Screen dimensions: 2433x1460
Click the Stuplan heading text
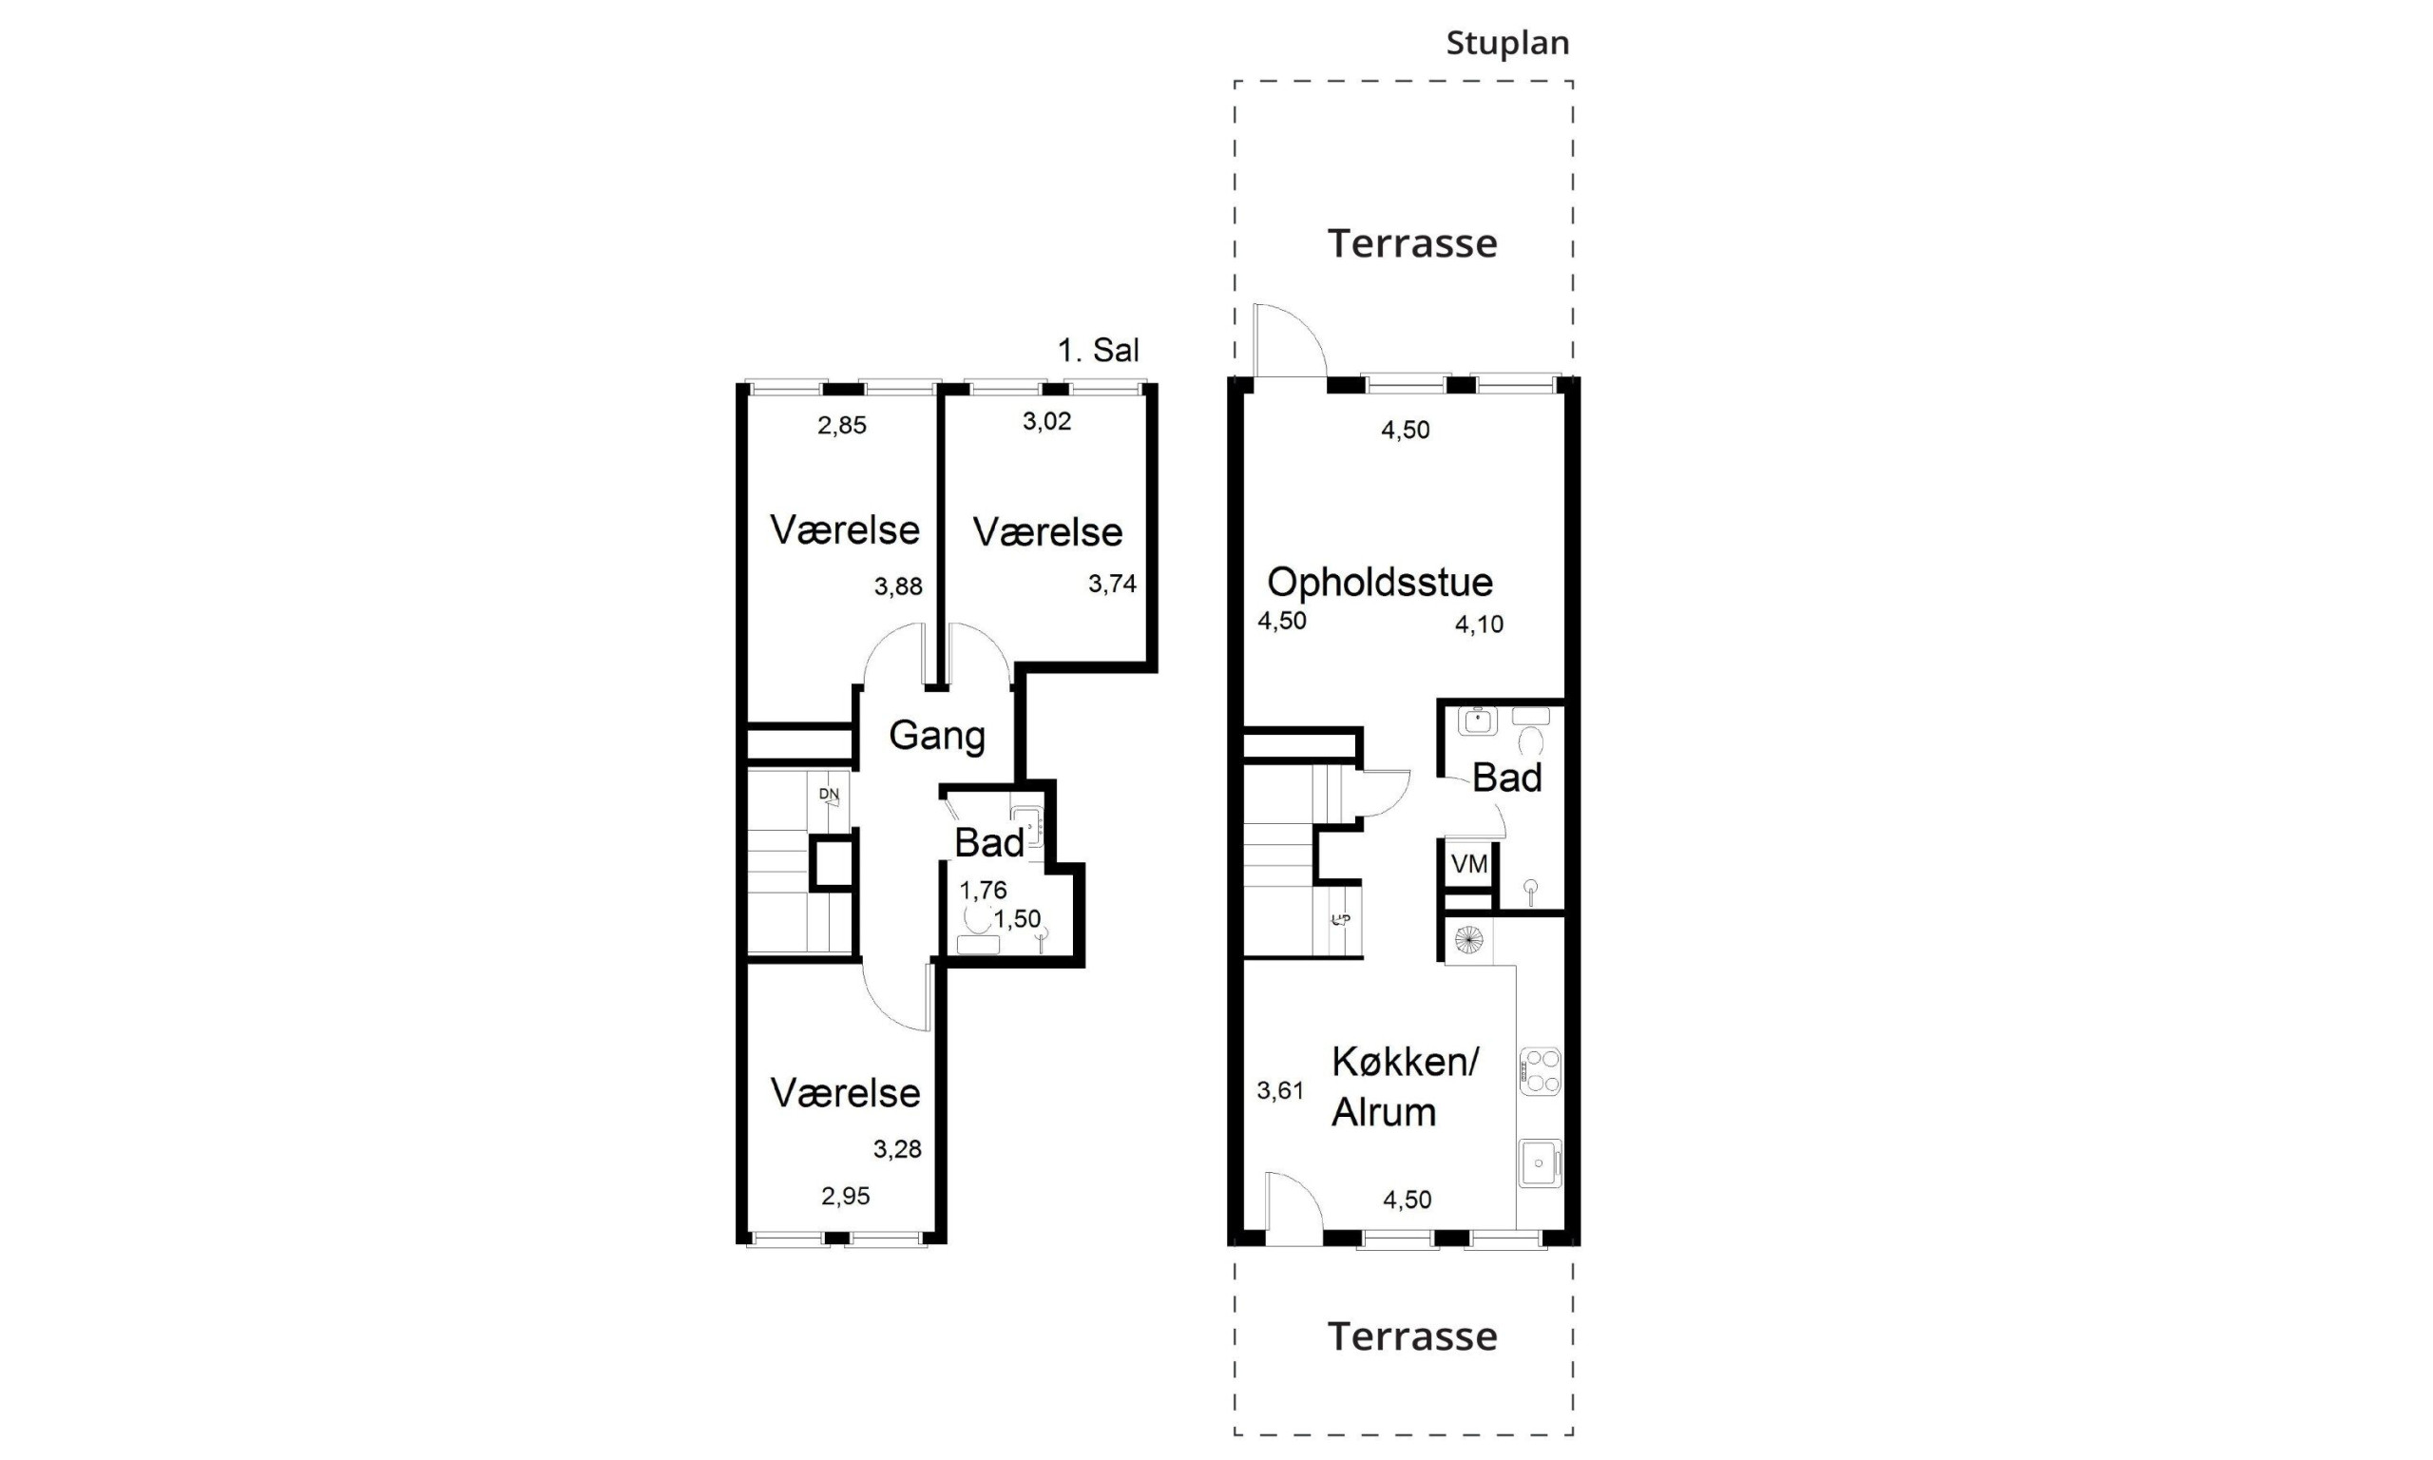point(1506,44)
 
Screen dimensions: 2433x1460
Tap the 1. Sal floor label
point(1099,349)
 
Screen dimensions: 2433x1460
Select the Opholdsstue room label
point(1380,583)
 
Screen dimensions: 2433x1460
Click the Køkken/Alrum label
point(1405,1087)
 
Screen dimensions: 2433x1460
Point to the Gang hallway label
point(936,736)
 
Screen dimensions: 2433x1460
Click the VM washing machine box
point(1469,864)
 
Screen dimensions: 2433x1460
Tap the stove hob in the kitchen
point(1540,1071)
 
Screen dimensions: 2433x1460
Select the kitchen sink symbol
point(1540,1162)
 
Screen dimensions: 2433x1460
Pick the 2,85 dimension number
point(842,426)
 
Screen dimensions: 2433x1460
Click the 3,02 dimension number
point(1046,422)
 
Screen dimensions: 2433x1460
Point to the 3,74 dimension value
point(1112,585)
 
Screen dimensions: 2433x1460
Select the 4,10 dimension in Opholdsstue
point(1479,624)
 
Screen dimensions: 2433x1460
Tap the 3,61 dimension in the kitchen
point(1280,1091)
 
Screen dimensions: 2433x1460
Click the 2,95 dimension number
point(846,1197)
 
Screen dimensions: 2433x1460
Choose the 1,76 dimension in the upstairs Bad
point(984,891)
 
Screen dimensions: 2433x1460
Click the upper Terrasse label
point(1412,243)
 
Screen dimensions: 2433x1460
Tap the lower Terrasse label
point(1412,1336)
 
